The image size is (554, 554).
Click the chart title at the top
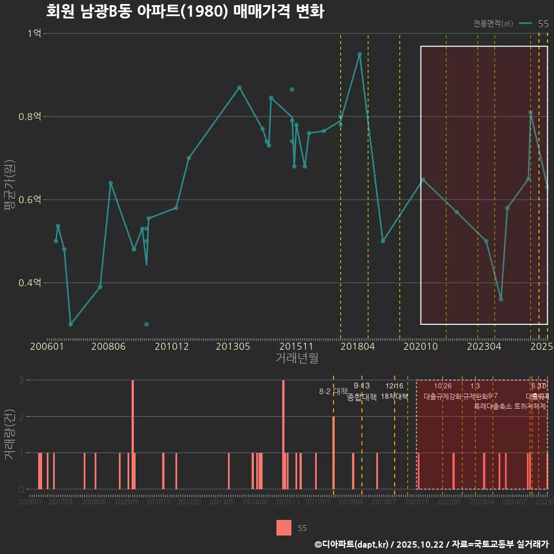185,12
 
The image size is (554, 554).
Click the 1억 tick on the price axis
34,33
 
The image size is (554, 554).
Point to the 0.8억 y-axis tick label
30,117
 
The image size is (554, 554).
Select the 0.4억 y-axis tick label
30,283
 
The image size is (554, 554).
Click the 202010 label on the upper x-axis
422,347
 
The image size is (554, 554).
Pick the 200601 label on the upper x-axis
47,347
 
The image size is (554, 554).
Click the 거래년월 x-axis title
297,358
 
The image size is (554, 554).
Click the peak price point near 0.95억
360,54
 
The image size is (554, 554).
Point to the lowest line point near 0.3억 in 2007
70,324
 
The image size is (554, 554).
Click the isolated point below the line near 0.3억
147,324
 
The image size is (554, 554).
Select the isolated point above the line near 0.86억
292,89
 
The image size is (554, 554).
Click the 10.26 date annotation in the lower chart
443,386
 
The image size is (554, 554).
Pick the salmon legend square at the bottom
283,528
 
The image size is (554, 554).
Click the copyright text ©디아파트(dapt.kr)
352,544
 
